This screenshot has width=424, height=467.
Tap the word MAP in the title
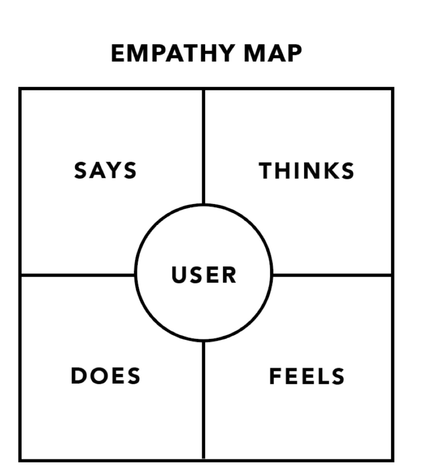point(272,53)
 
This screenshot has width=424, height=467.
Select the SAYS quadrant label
point(106,171)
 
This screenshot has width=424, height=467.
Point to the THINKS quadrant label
point(307,171)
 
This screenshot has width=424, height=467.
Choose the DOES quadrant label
point(106,376)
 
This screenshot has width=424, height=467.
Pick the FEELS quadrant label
point(307,376)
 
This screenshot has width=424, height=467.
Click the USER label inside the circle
point(204,275)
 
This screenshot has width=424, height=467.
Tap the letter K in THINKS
point(328,171)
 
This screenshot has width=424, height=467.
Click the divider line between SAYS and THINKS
point(204,147)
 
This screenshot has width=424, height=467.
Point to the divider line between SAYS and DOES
point(77,275)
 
